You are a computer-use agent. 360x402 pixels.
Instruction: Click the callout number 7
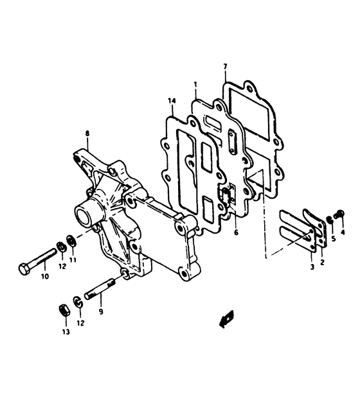225,67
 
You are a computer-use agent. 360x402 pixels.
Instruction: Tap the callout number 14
172,101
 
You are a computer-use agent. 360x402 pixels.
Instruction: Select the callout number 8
87,134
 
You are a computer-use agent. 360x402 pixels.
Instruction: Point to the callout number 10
44,276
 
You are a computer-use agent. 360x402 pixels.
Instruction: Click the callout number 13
66,332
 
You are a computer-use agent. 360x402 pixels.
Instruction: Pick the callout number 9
101,311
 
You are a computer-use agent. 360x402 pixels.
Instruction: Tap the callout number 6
236,232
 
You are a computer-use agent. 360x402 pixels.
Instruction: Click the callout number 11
73,260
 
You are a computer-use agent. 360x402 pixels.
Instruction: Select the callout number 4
343,232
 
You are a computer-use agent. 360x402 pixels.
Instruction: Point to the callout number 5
333,239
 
